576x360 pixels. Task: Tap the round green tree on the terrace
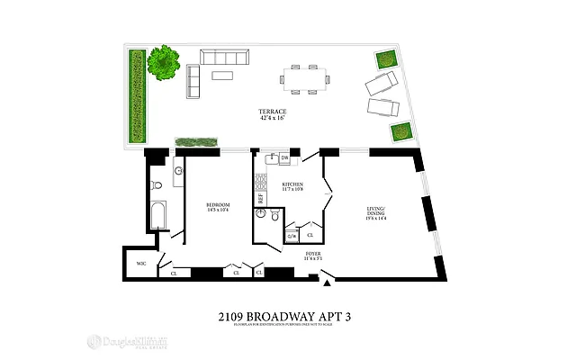click(163, 63)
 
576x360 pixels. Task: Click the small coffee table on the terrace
click(222, 76)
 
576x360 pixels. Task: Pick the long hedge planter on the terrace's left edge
click(138, 96)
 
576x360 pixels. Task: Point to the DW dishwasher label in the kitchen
click(284, 157)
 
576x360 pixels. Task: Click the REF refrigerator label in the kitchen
click(261, 198)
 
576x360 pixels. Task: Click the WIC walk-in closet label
click(140, 264)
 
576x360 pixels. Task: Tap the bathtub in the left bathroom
click(159, 215)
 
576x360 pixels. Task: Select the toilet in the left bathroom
click(157, 184)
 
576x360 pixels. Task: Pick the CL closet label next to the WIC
click(174, 273)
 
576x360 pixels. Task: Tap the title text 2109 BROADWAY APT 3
click(287, 318)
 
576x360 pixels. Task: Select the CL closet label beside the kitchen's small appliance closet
click(310, 236)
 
